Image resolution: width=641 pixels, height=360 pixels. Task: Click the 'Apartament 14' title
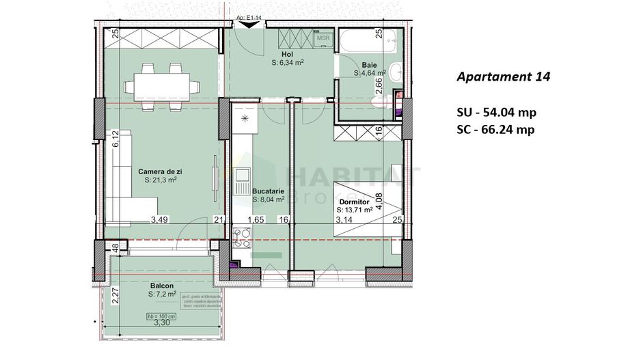(502, 77)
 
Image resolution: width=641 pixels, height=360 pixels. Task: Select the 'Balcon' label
(162, 286)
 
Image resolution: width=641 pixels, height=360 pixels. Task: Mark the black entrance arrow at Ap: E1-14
(250, 25)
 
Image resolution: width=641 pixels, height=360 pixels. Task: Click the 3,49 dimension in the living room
(159, 219)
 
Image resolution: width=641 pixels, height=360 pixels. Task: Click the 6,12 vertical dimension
(117, 139)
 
